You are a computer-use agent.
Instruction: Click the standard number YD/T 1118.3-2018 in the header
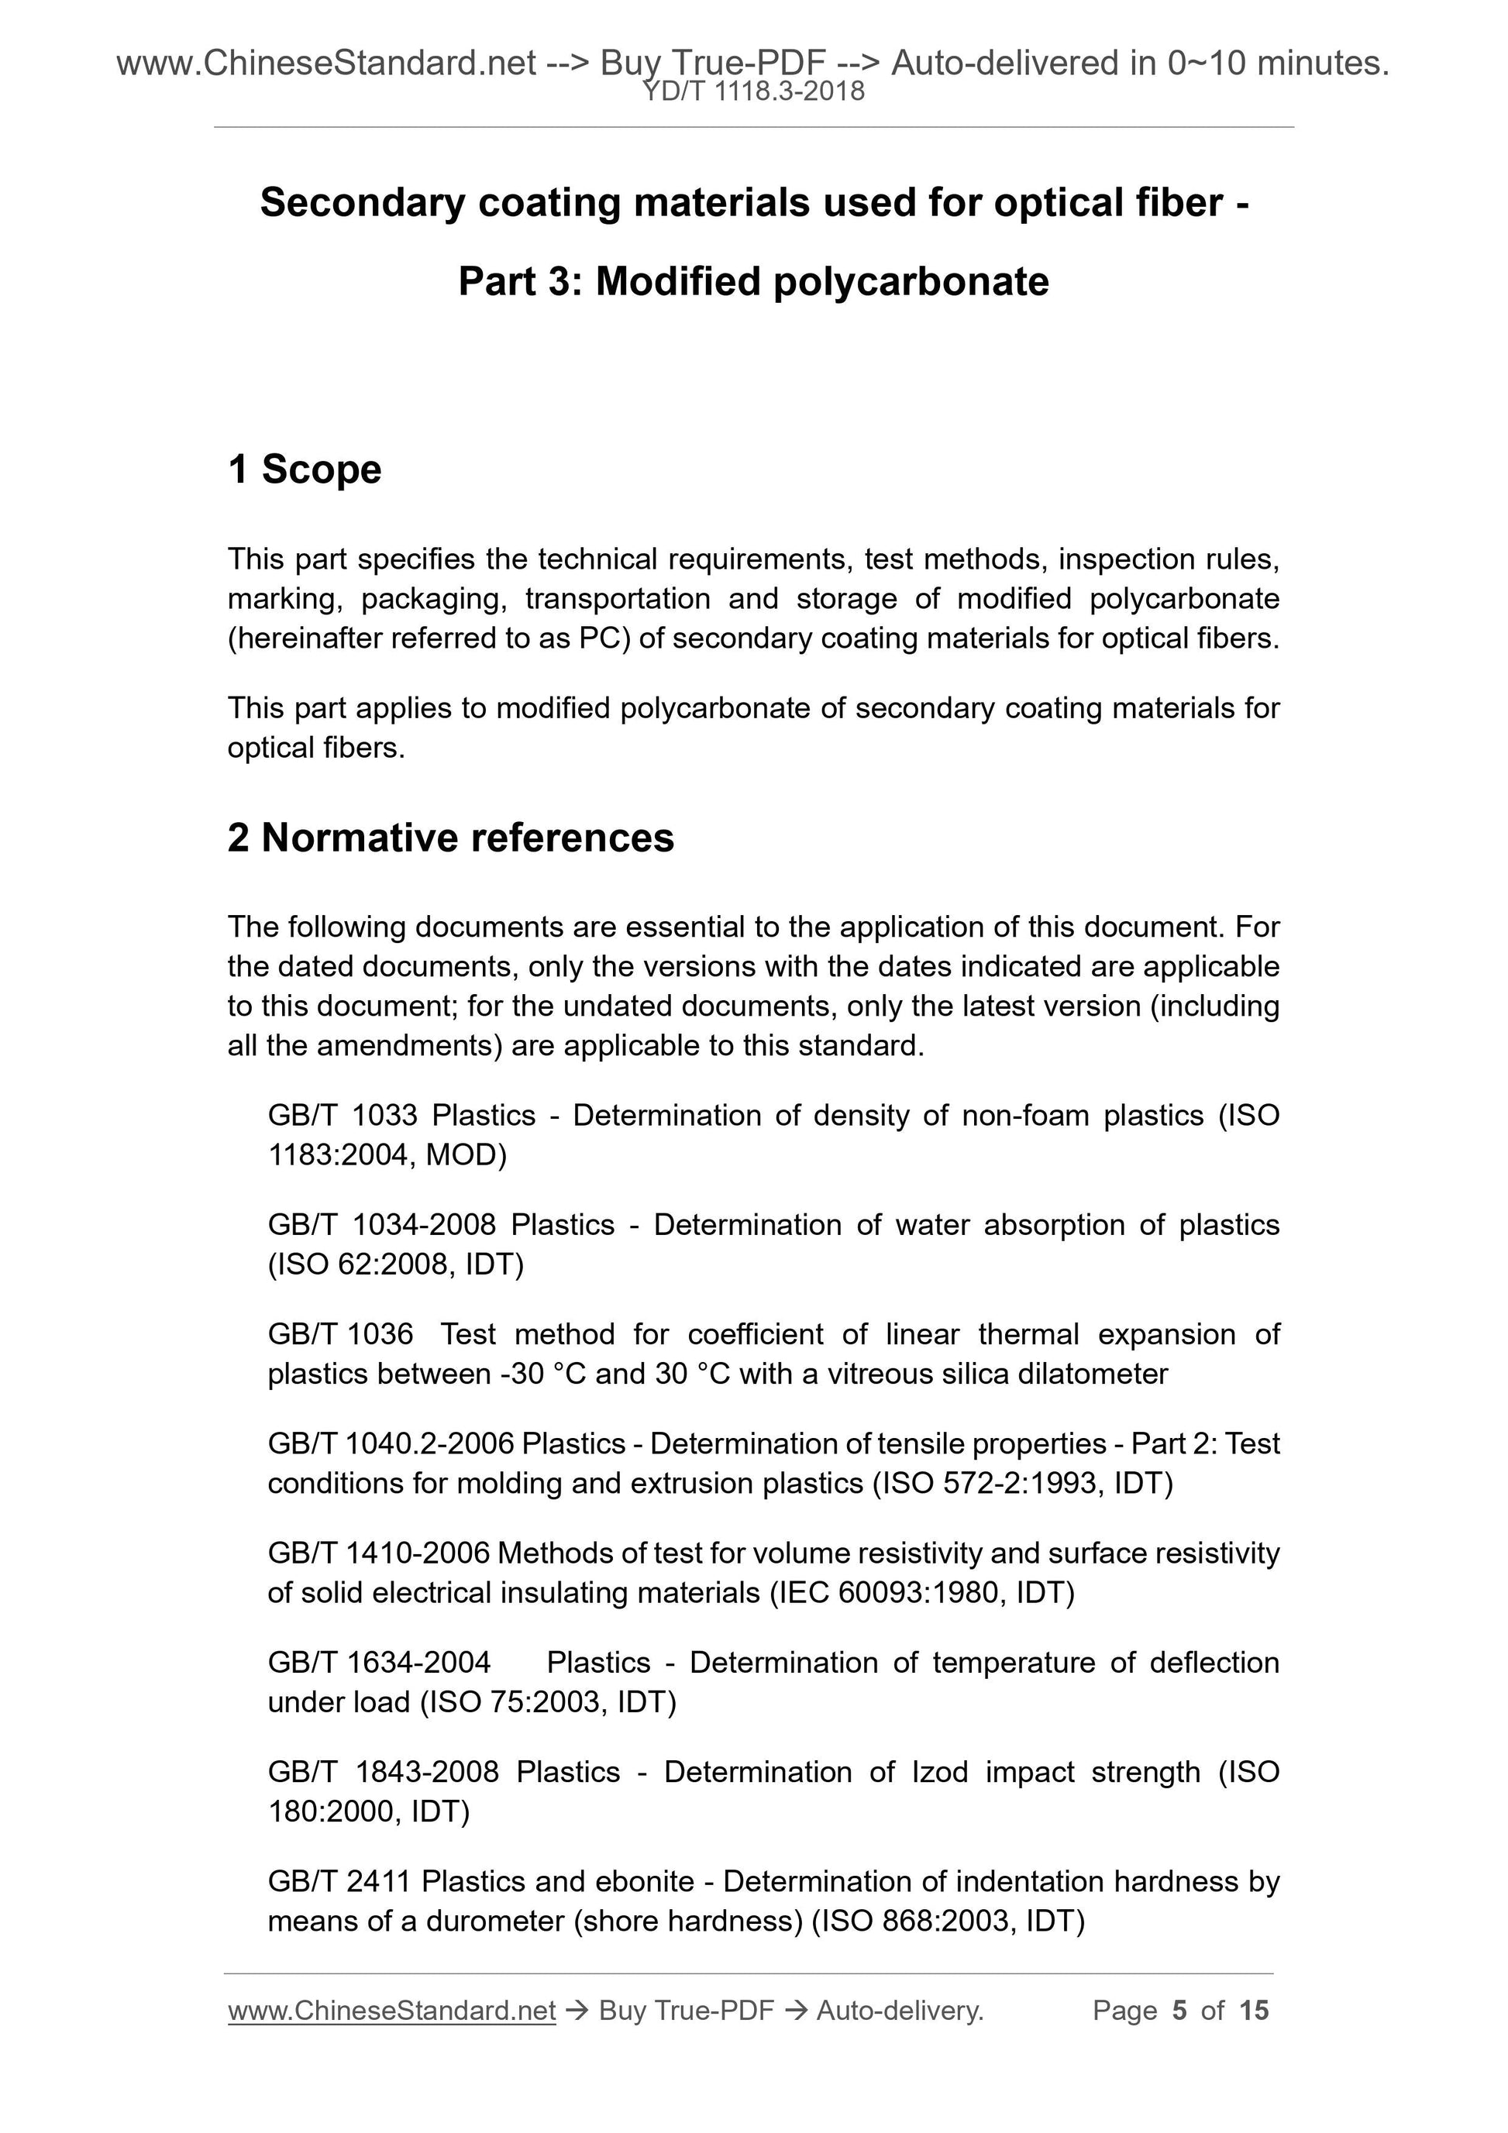point(753,91)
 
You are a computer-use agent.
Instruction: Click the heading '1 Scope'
point(304,470)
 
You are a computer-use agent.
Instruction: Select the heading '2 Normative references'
point(451,838)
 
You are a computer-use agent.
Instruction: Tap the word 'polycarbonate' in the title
point(911,281)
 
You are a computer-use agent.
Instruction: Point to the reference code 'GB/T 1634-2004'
point(379,1663)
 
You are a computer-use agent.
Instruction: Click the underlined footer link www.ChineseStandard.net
point(391,2011)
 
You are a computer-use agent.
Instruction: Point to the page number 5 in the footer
point(1179,2011)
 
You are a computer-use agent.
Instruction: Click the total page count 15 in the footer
point(1253,2011)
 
